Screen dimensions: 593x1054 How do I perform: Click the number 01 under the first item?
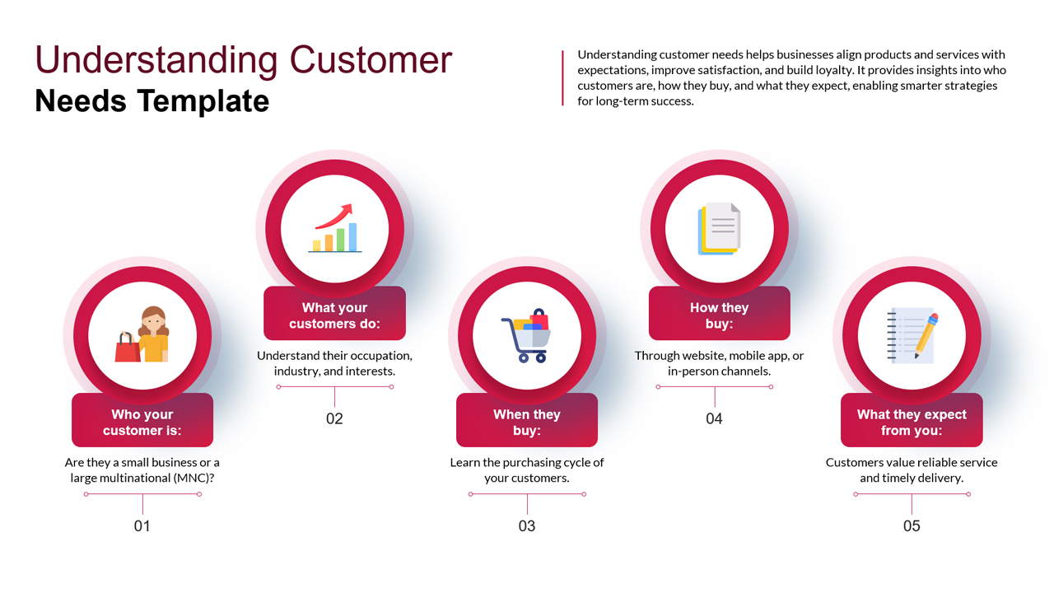point(142,525)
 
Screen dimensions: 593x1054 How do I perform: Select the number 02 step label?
point(334,418)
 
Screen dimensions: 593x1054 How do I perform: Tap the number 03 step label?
point(527,525)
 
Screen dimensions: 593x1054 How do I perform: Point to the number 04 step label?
point(714,418)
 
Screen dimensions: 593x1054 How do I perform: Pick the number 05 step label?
point(912,525)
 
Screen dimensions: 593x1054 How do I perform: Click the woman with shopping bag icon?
point(142,335)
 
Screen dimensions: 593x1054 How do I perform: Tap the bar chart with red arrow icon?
point(334,228)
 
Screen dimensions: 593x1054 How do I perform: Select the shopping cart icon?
point(527,335)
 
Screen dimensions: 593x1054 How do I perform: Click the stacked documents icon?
point(719,228)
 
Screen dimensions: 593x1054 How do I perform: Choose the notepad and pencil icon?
point(912,335)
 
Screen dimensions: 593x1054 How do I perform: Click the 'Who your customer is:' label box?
point(142,422)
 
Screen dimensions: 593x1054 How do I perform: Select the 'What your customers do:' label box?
point(334,315)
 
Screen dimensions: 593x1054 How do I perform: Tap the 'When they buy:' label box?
point(527,422)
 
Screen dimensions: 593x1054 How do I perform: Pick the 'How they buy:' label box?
point(719,315)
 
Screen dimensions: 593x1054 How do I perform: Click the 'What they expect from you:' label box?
point(912,422)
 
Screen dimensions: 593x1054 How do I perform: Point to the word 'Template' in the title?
point(203,100)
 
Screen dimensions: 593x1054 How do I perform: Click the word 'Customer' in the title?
point(371,60)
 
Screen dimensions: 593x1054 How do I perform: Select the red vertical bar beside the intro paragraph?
point(562,77)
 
